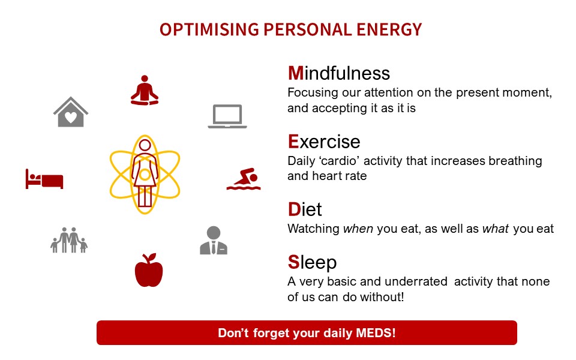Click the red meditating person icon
coord(145,91)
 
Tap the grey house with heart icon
coord(71,112)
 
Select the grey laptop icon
coord(227,116)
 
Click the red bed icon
coord(44,179)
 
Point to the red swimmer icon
coord(244,179)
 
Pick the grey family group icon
coord(69,240)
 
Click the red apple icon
coord(149,270)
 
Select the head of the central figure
coord(145,145)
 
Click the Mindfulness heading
coord(338,73)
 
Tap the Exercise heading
coord(324,142)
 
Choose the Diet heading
coord(305,209)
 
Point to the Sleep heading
coord(312,263)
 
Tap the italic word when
coord(358,229)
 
